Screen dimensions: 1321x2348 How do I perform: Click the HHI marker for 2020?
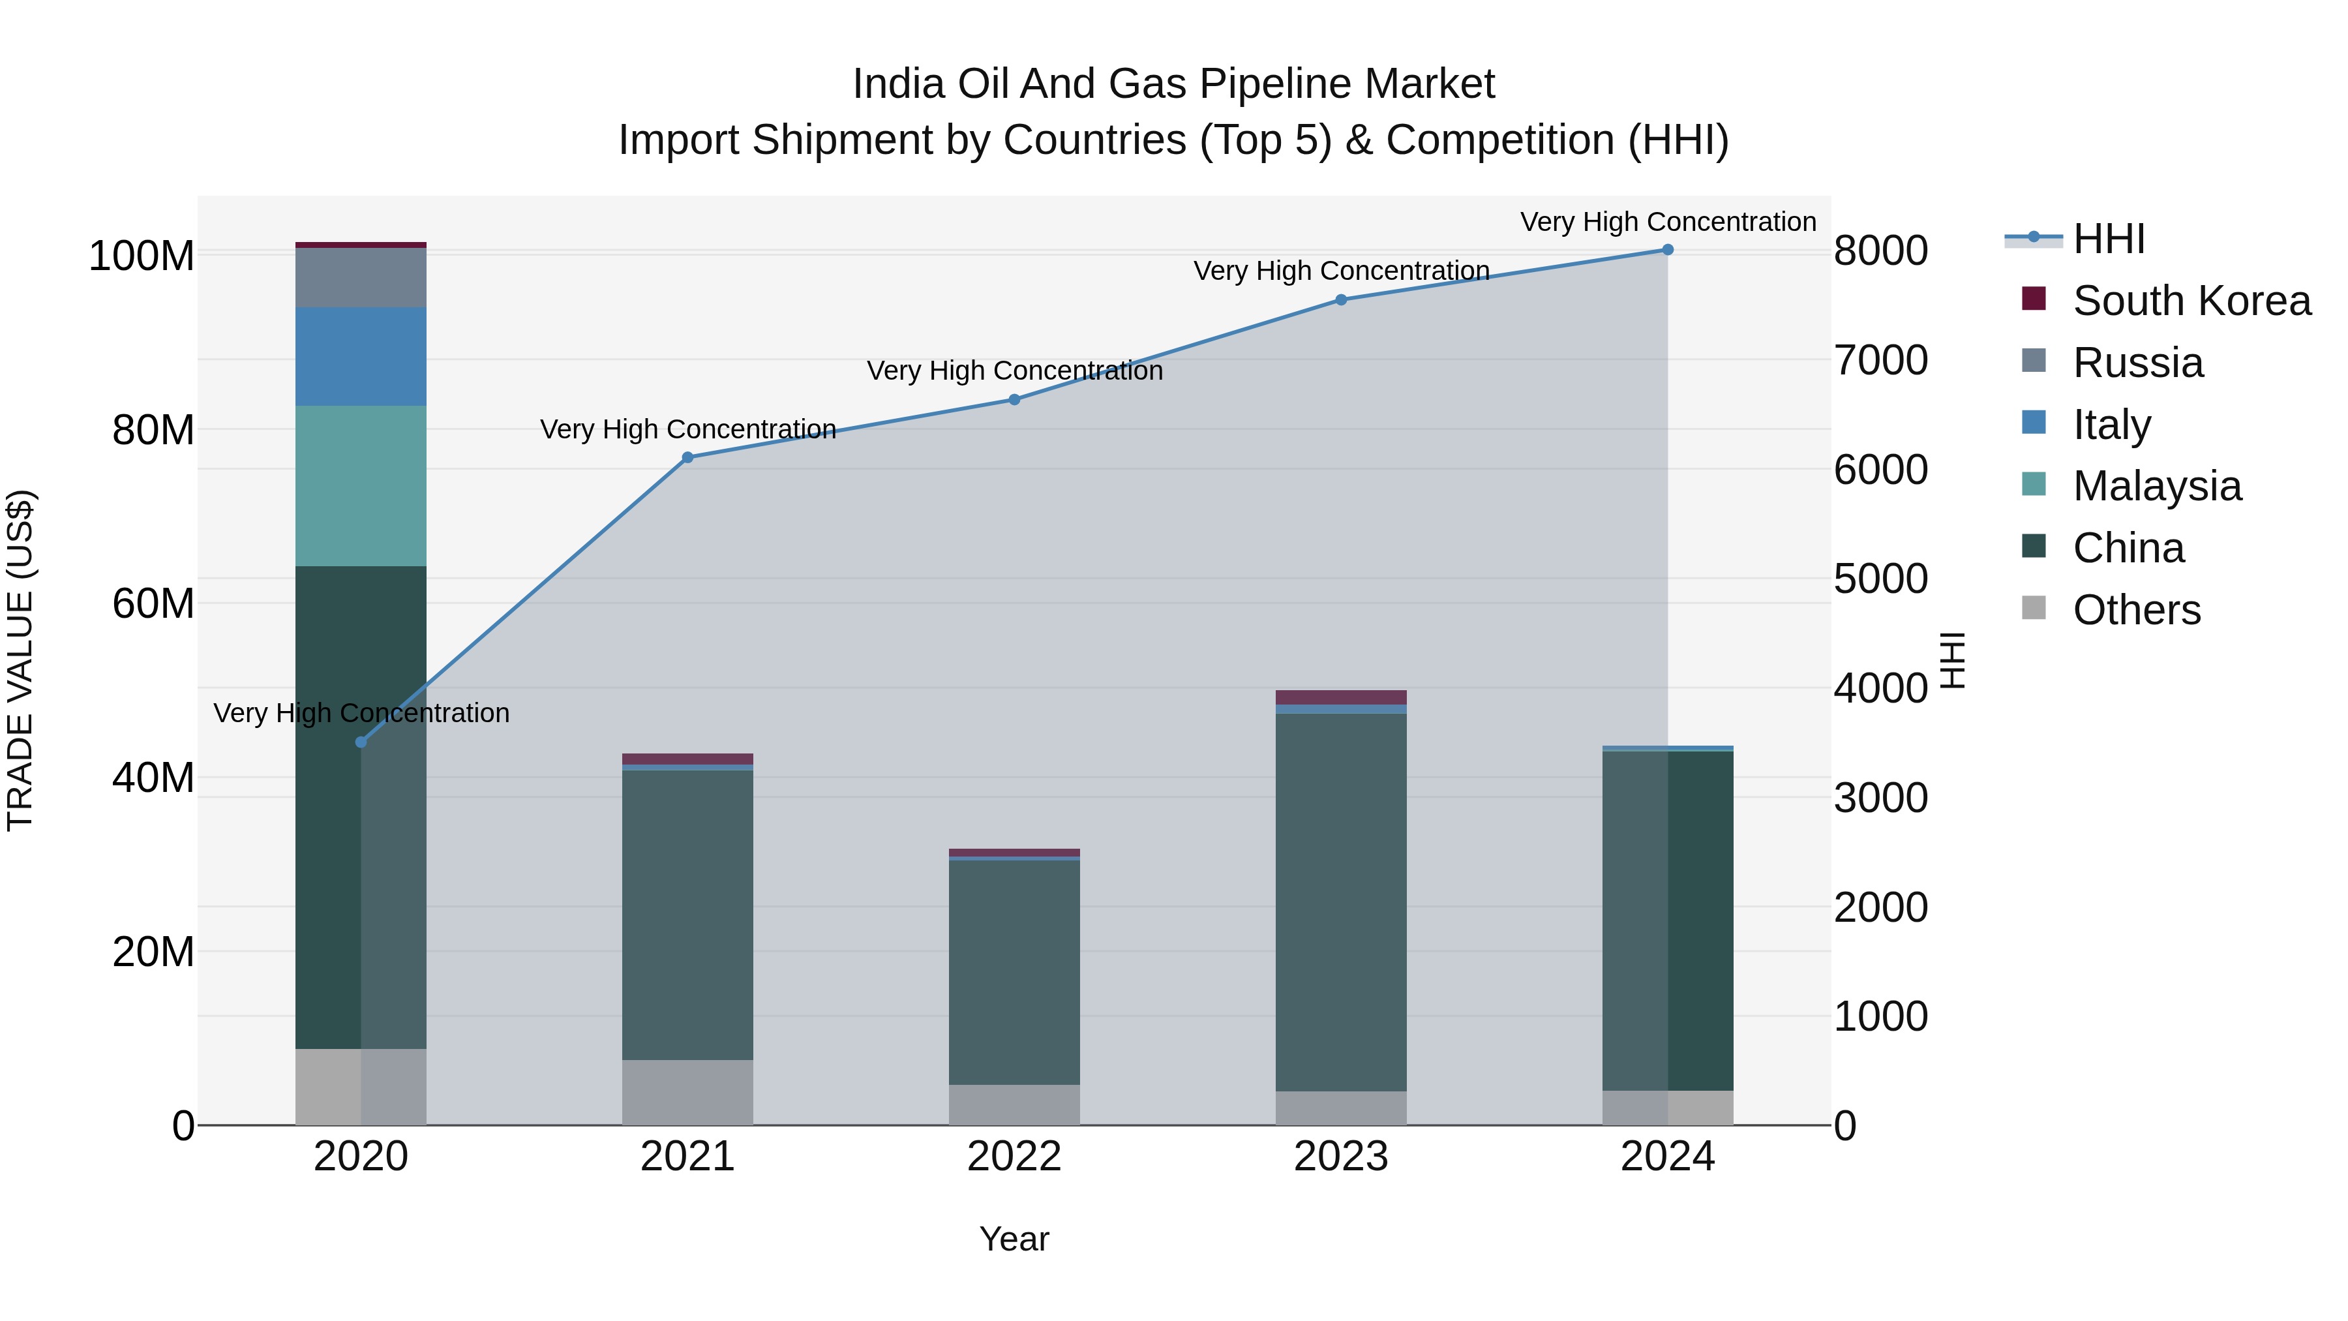(361, 742)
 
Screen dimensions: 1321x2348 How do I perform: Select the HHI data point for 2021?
(688, 458)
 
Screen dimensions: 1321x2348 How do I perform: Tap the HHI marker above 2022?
(1014, 399)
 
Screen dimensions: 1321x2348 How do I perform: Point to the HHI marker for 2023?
(1341, 300)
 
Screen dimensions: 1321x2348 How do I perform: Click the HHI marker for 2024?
(1667, 250)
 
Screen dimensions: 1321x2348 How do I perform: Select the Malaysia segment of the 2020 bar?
(361, 486)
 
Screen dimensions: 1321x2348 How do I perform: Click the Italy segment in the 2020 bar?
(361, 356)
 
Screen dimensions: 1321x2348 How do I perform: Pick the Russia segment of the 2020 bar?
(361, 277)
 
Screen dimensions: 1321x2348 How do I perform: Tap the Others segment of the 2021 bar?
(688, 1092)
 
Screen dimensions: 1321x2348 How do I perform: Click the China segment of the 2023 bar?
(1341, 903)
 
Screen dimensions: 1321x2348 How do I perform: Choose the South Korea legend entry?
(2191, 301)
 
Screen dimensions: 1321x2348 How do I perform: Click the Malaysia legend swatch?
(2034, 484)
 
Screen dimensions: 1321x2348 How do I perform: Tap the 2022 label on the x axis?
(1014, 1157)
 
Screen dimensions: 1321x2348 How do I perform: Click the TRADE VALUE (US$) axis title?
(20, 660)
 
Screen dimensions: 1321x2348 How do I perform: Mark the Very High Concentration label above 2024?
(1668, 222)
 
